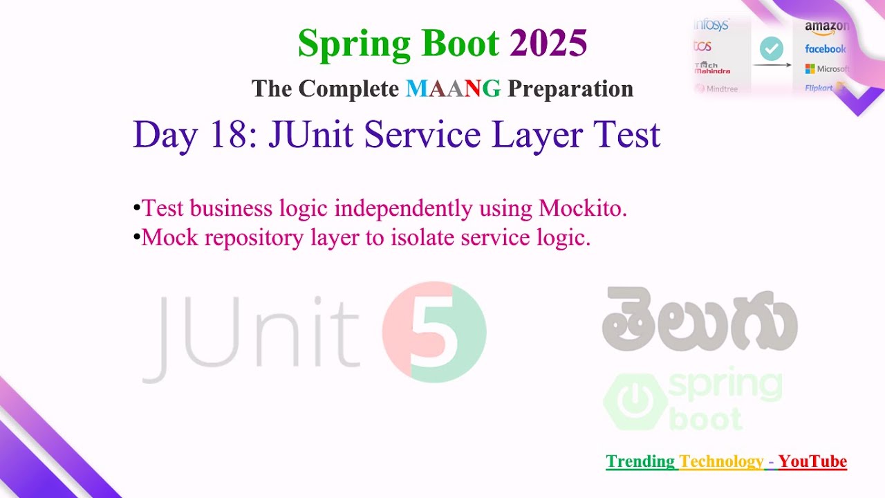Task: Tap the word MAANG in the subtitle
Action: (453, 89)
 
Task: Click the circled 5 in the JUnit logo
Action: (434, 332)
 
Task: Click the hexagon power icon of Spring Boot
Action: (635, 401)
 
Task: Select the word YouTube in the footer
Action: (812, 461)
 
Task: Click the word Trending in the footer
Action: (640, 461)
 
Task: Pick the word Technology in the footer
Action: (722, 461)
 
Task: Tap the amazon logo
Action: (826, 27)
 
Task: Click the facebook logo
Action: (825, 49)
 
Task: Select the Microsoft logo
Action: (827, 69)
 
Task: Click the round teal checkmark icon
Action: (772, 48)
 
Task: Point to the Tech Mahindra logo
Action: (712, 68)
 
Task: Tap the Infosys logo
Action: (711, 26)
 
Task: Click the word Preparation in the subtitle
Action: (570, 89)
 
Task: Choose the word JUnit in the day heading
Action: (313, 134)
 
